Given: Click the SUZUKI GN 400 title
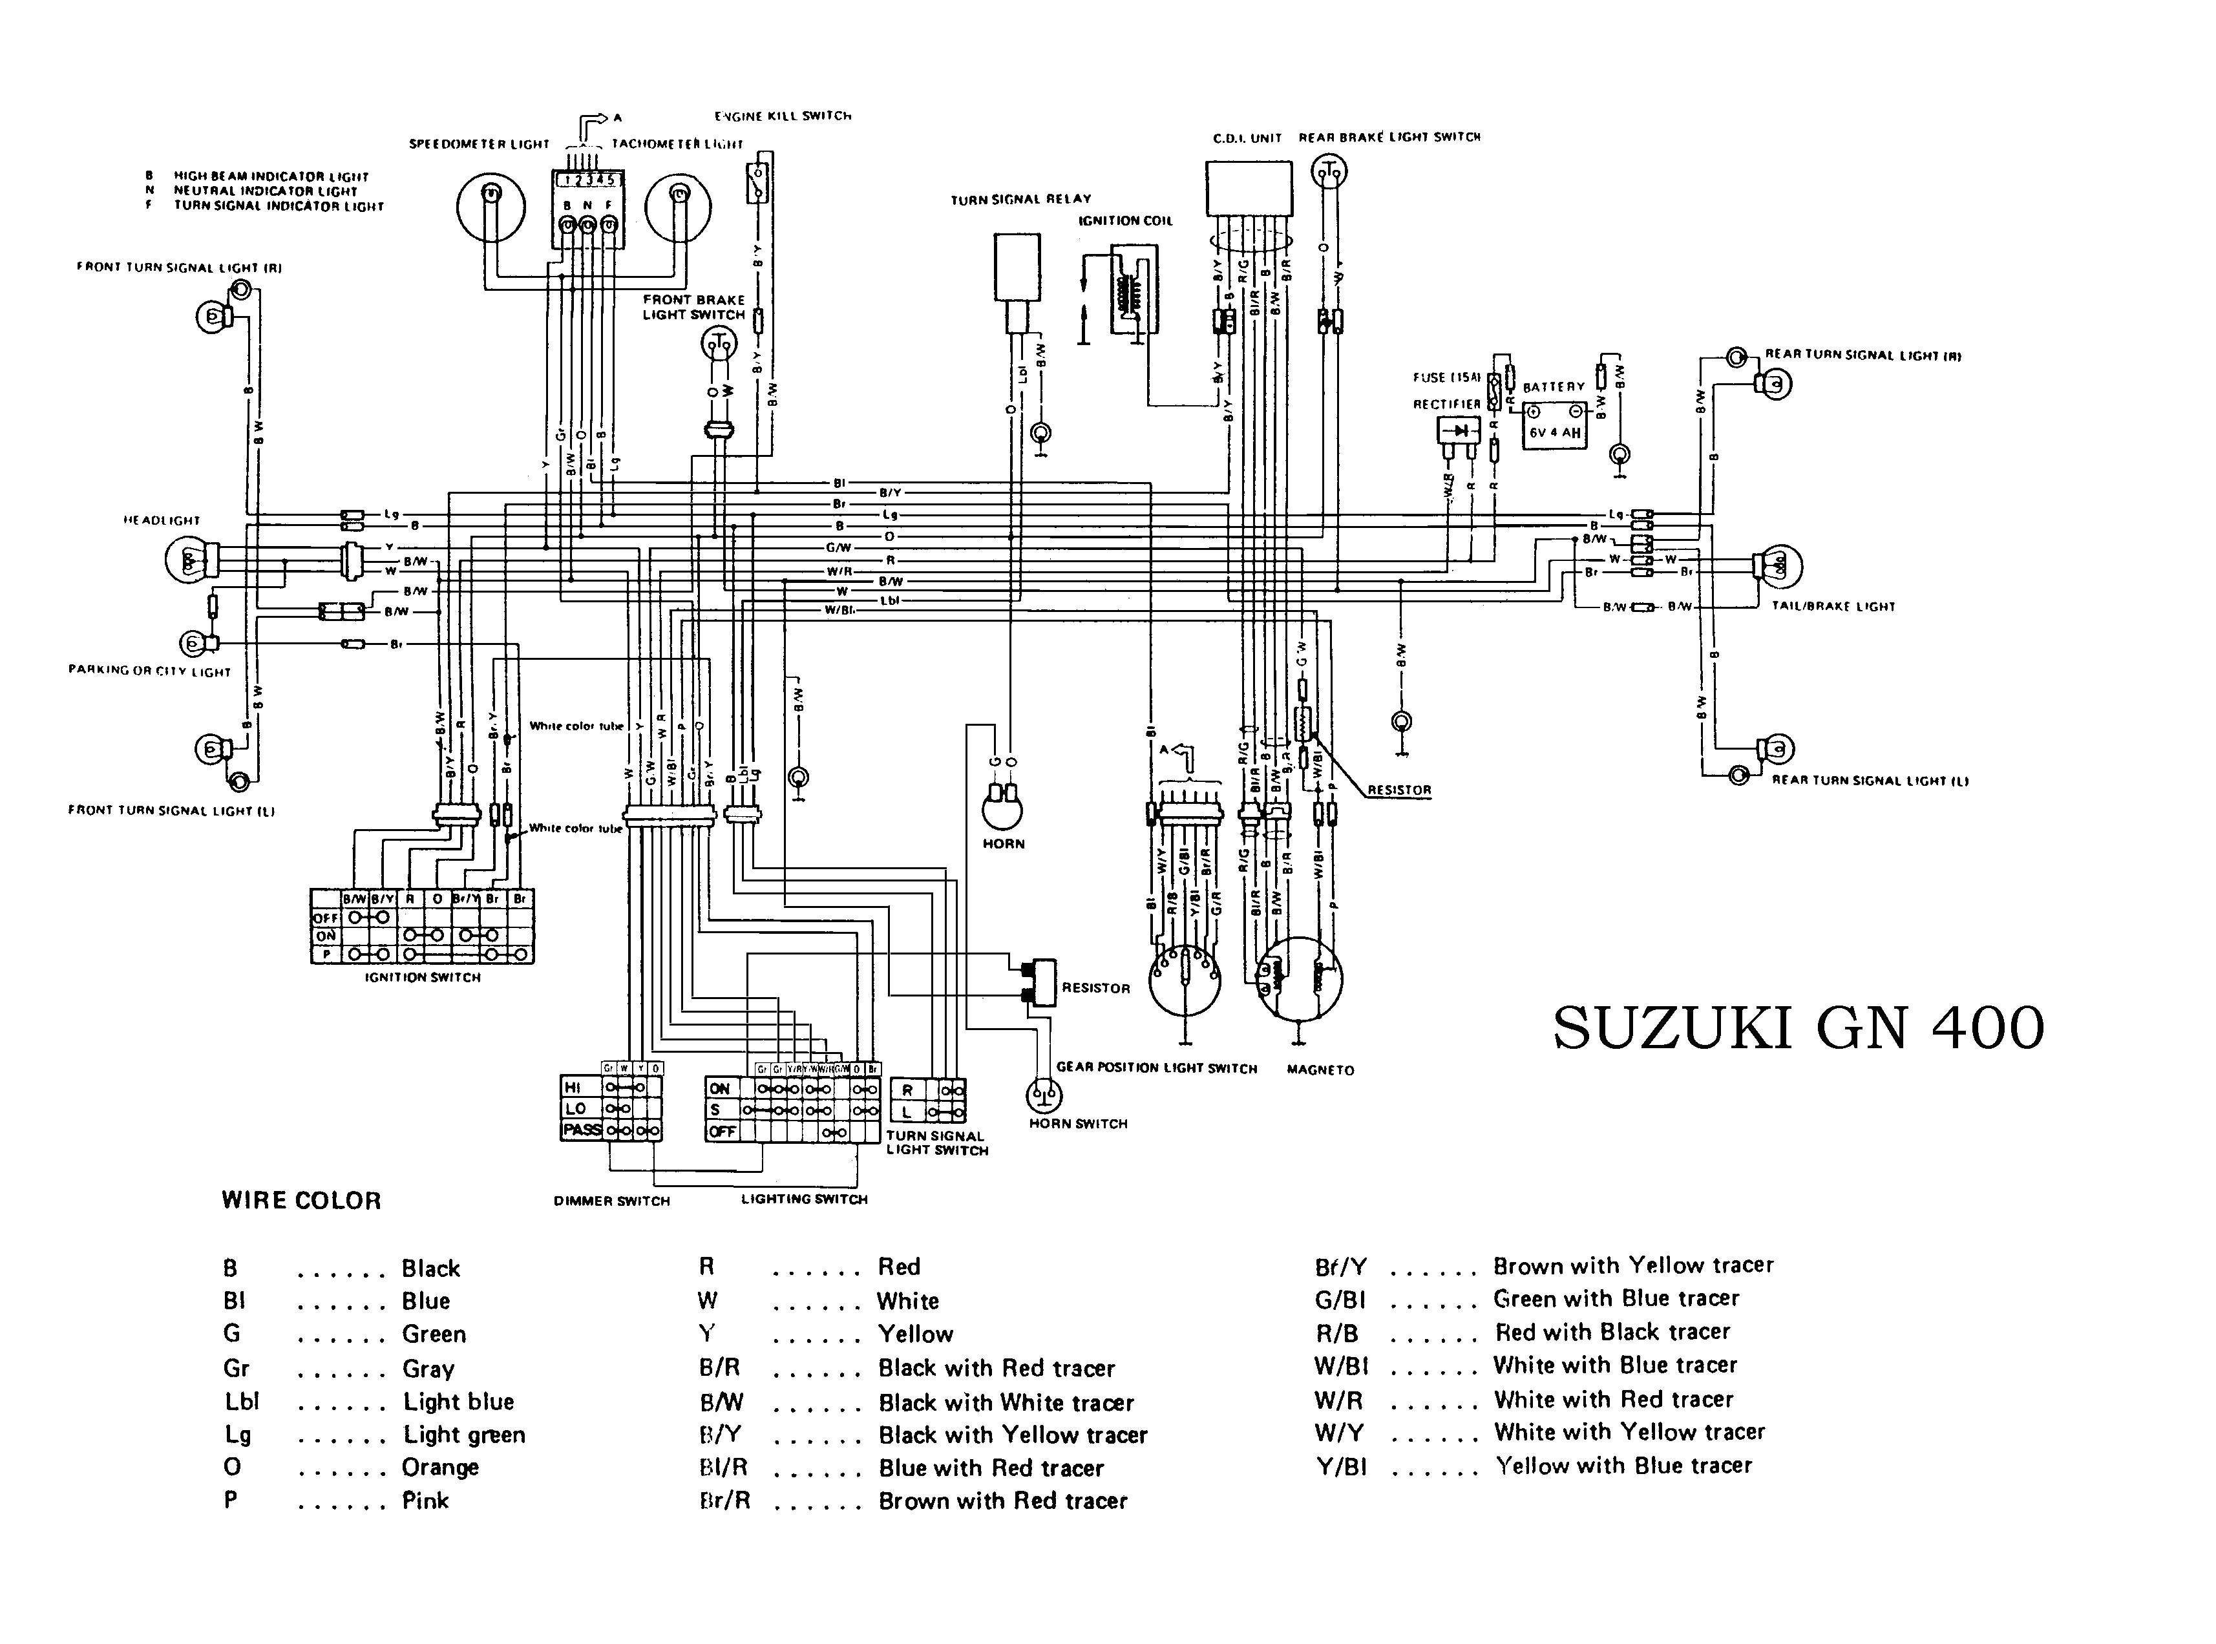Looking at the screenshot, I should pos(1798,1029).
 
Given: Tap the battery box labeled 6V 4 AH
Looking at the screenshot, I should pos(1554,425).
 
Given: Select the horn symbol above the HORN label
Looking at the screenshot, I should pos(1002,808).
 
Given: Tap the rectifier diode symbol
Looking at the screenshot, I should pos(1459,431).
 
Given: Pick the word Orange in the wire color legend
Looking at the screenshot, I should pos(440,1468).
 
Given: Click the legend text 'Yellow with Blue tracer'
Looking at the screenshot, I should pos(1623,1466).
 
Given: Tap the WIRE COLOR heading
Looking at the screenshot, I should pos(301,1201).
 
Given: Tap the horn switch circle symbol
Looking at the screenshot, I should pos(1044,1095).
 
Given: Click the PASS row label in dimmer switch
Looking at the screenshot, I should pos(582,1130).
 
